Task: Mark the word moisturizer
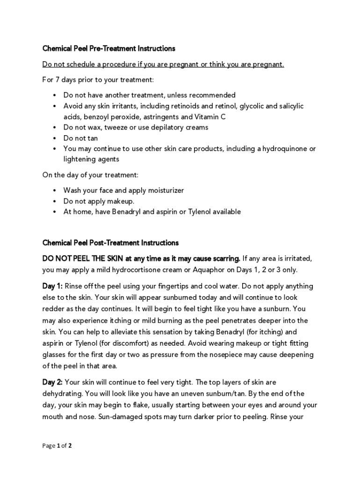(164, 190)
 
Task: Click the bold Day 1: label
(52, 286)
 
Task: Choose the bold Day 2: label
(52, 383)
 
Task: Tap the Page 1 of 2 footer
(57, 446)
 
